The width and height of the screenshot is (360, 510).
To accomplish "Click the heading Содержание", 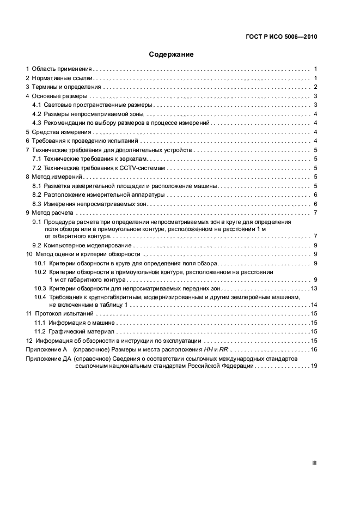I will (x=172, y=54).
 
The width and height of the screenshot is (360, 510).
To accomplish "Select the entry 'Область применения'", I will (x=61, y=69).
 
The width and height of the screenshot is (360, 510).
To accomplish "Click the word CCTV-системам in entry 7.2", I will (x=145, y=168).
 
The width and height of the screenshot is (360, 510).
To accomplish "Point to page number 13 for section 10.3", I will (x=313, y=288).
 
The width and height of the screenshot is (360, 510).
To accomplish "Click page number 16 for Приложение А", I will (x=313, y=349).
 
